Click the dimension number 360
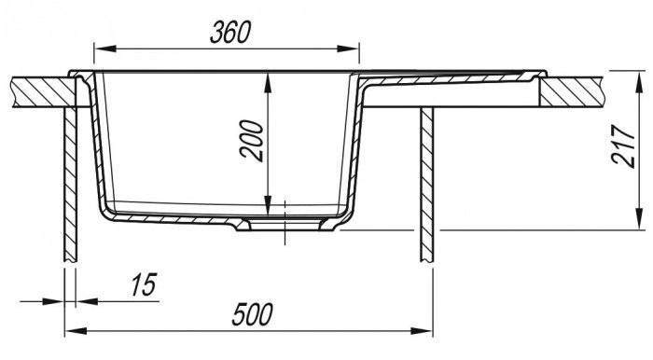point(230,33)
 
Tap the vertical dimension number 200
point(253,141)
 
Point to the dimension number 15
point(144,284)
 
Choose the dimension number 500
point(253,314)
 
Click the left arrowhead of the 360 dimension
point(104,48)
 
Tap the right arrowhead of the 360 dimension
point(348,48)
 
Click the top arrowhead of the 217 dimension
point(637,82)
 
